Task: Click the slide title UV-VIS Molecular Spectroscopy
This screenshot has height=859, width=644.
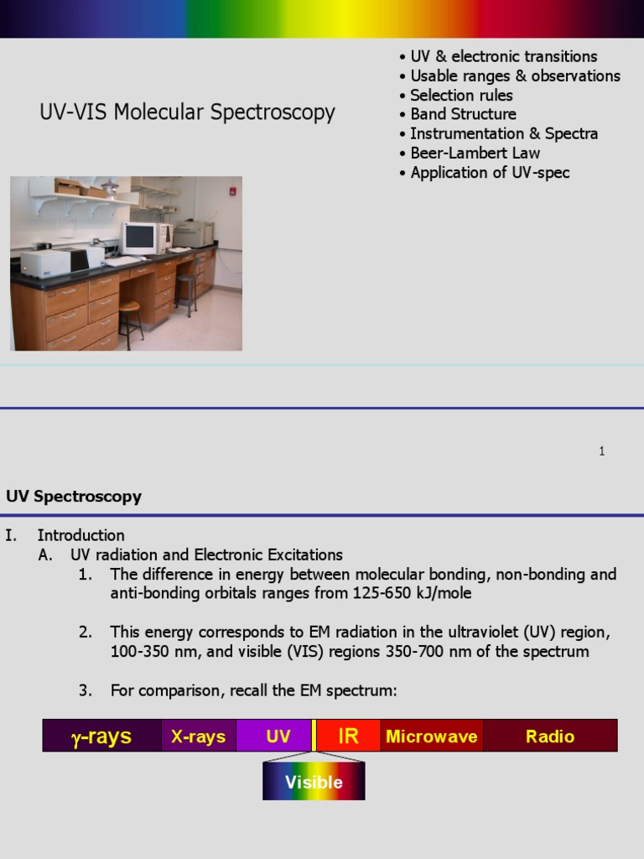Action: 187,112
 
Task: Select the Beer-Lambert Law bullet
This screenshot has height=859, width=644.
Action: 475,153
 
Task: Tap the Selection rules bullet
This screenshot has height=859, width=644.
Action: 461,95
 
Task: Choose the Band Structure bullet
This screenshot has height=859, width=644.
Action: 463,114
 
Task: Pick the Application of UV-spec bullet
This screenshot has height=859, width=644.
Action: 490,172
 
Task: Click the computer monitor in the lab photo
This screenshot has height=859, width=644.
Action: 139,237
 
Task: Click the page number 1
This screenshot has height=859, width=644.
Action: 602,451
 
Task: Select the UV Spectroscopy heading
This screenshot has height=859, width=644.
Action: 74,496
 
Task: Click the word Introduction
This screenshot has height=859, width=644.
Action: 80,535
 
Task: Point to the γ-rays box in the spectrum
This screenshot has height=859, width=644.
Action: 101,736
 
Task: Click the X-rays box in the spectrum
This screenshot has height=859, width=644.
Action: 198,736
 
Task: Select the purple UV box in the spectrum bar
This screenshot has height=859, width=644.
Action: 278,736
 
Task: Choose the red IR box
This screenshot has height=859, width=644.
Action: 348,736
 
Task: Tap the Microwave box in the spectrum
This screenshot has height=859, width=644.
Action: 431,736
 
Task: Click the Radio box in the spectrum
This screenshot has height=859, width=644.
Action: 550,736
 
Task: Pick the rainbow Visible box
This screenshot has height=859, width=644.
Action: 314,782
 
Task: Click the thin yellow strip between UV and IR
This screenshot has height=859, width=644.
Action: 314,736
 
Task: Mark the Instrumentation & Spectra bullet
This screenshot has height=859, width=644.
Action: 504,133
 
